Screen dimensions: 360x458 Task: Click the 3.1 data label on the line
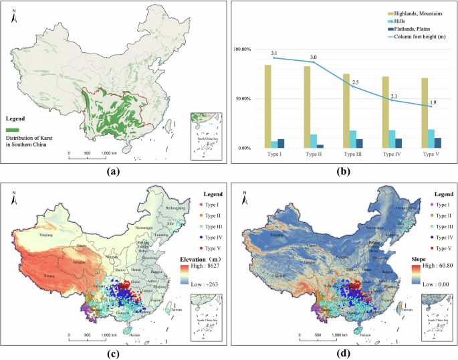coord(255,53)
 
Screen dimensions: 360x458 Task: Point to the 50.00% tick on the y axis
coord(241,99)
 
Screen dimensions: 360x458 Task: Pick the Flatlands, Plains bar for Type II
coord(320,146)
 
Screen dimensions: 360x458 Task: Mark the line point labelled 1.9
coord(431,106)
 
